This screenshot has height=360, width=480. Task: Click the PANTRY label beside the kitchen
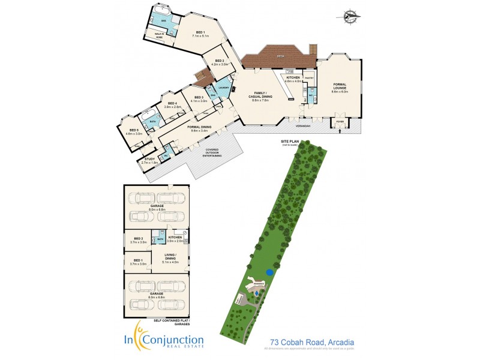click(310, 77)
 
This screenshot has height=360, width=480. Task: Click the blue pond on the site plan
click(270, 273)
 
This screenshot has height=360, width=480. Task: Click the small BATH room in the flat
click(160, 239)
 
